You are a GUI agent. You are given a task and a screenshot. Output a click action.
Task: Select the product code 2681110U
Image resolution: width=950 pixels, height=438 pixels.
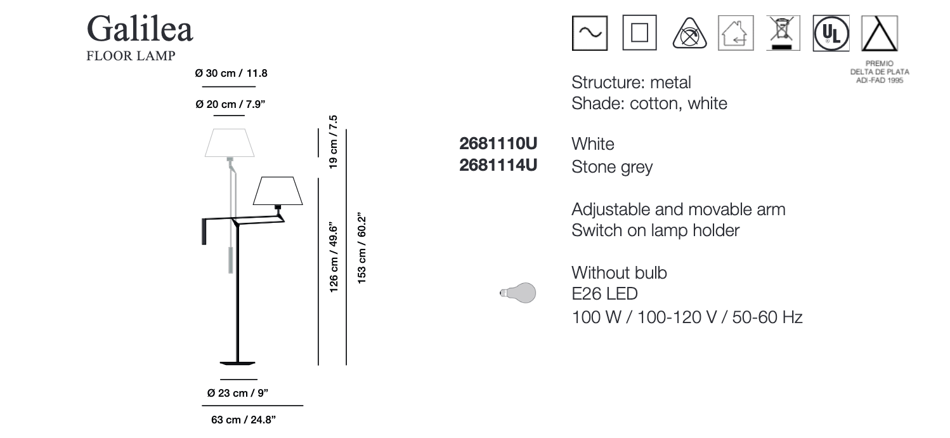point(498,143)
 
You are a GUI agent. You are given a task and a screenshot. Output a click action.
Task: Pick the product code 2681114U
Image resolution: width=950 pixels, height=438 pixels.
point(498,165)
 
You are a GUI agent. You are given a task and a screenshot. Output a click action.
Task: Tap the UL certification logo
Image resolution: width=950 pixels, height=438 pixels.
point(831,33)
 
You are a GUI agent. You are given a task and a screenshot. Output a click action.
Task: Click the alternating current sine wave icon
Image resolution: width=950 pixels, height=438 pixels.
point(590,33)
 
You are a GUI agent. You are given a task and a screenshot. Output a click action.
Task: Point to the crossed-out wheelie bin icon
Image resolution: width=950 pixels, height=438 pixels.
point(783,33)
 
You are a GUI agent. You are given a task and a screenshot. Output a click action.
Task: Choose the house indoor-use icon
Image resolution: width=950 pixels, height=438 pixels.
point(736,33)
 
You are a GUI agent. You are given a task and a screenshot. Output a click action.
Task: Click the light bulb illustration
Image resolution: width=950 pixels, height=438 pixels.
point(518,293)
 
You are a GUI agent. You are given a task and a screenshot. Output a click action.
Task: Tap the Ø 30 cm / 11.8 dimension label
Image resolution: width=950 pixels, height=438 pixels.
point(231,74)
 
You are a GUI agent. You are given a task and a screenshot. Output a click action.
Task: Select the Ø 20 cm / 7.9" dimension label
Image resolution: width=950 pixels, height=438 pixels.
point(230,104)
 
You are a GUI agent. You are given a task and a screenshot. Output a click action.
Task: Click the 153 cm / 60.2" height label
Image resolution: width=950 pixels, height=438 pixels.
point(361,248)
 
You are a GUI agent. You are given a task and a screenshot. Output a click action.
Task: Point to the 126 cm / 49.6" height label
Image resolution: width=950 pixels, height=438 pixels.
point(334,257)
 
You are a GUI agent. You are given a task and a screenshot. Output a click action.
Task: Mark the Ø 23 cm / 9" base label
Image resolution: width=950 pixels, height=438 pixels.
point(237,393)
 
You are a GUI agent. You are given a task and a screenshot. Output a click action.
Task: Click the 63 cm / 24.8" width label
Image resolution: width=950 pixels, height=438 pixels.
point(244,420)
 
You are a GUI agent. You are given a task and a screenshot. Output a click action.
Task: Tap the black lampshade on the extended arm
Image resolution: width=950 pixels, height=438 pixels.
point(278,191)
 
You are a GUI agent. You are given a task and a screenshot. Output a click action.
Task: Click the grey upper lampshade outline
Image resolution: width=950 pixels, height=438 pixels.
point(230,143)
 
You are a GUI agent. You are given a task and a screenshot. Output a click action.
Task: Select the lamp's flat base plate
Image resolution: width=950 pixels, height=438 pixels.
point(237,363)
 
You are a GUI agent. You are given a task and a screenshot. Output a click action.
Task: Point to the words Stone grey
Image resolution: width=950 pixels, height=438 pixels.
point(612,167)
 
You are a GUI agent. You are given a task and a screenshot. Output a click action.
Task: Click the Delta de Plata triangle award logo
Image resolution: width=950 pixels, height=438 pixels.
point(880,33)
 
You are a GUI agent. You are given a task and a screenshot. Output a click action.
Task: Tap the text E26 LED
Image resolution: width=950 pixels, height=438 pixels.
point(605,294)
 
